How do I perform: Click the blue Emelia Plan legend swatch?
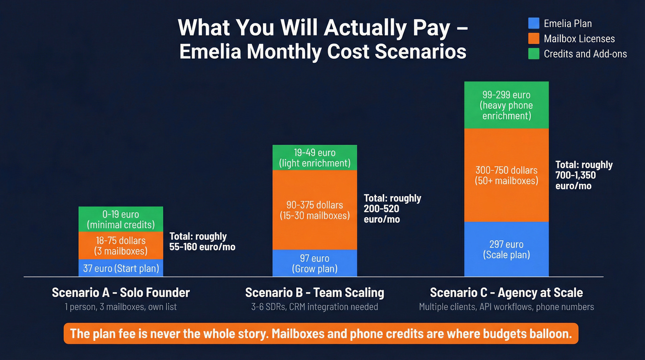coord(534,24)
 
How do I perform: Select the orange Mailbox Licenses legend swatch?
coord(534,39)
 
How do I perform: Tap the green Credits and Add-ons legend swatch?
coord(534,54)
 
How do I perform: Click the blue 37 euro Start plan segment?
coord(121,268)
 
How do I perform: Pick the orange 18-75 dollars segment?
coord(121,246)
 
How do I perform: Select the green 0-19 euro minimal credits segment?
coord(121,219)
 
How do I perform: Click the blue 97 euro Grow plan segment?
coord(315,263)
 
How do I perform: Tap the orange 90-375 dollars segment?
coord(315,210)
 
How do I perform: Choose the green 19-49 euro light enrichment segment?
coord(315,158)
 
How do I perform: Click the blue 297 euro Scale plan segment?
coord(506,249)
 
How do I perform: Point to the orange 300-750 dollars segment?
coord(506,175)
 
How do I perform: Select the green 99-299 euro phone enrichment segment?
coord(506,105)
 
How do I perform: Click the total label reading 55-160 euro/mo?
coord(202,242)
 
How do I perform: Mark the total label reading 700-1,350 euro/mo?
coord(584,175)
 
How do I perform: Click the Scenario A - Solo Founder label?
coord(121,292)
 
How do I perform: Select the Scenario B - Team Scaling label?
coord(315,292)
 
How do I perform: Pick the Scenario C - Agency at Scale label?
coord(506,292)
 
